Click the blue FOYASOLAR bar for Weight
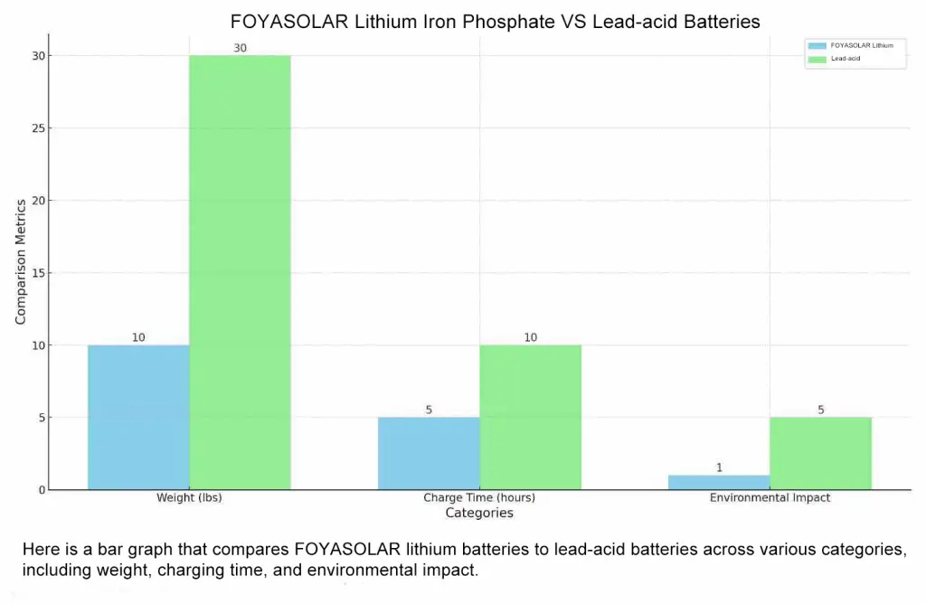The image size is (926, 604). [138, 417]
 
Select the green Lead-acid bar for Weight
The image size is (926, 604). [240, 272]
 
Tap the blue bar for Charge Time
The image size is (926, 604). [429, 453]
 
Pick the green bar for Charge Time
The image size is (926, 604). [530, 417]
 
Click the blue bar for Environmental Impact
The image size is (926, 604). [719, 482]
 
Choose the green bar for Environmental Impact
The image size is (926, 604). [820, 453]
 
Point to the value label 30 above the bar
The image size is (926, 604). [240, 48]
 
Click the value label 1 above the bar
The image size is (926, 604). [719, 467]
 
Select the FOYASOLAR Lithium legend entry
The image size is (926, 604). [855, 44]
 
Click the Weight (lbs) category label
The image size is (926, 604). [189, 498]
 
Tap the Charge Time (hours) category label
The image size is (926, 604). [479, 498]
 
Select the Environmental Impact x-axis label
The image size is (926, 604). [770, 498]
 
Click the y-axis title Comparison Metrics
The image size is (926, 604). [20, 261]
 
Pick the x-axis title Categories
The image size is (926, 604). [479, 514]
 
